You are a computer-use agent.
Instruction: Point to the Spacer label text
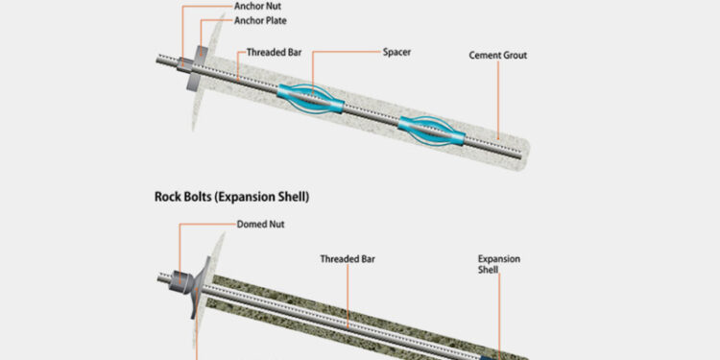coord(397,51)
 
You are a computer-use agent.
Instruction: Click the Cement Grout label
coord(497,55)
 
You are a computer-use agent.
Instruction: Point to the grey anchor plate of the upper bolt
coord(201,67)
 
